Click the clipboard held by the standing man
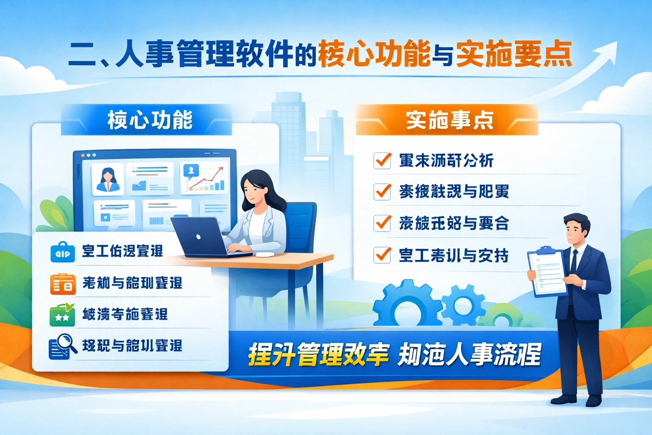click(547, 272)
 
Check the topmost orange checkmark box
click(382, 161)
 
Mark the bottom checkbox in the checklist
click(382, 255)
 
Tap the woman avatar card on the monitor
click(107, 179)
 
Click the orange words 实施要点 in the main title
click(514, 54)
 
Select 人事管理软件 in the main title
click(204, 54)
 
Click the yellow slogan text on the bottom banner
click(318, 354)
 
